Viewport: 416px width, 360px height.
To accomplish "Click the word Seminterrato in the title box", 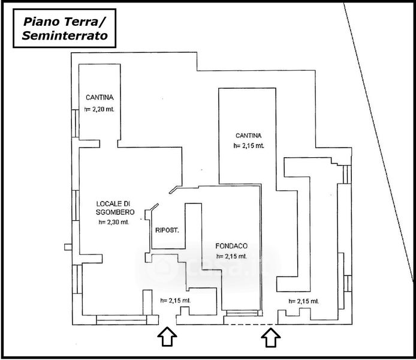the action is coord(65,35).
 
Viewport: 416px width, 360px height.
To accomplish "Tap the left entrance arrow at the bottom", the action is coord(167,337).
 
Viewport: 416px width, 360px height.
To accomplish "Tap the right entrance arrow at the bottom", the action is coord(270,337).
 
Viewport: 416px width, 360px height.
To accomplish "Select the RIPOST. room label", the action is coord(167,230).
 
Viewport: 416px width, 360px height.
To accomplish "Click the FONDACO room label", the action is coord(231,246).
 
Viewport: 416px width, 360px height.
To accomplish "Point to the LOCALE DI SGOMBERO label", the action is coord(115,208).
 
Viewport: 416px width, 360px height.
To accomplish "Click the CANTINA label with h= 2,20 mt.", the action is coord(100,97).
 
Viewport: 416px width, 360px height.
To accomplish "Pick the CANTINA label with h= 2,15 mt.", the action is coord(249,136).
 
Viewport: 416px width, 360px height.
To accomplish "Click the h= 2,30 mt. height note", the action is coord(114,222).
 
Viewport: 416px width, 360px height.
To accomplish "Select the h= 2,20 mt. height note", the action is coord(100,109).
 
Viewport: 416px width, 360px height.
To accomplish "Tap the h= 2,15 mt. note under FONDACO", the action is coord(231,256).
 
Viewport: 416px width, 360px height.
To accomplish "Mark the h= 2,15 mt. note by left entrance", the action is coord(176,301).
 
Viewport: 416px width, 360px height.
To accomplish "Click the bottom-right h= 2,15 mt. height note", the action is coord(304,301).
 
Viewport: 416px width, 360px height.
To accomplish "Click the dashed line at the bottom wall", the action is coord(251,325).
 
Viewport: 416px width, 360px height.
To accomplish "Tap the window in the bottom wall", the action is coord(122,320).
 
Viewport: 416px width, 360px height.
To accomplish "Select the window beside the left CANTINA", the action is coord(76,124).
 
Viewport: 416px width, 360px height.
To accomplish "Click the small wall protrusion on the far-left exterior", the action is coord(68,247).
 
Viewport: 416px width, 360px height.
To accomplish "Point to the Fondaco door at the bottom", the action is coord(242,313).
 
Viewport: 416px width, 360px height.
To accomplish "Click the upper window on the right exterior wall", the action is coord(347,174).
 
